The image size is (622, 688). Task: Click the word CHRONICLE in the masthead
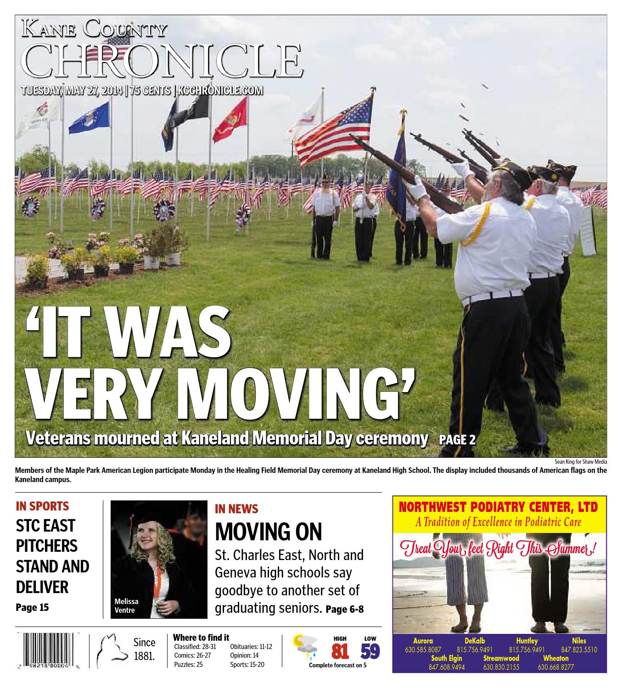[x=163, y=61]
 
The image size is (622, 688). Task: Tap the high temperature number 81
[x=340, y=652]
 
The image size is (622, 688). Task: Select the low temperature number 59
[x=370, y=652]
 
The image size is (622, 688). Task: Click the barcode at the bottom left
[x=48, y=652]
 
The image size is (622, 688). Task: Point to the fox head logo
[x=111, y=651]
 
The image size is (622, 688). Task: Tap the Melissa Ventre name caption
[x=126, y=605]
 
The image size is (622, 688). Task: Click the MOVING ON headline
[x=269, y=532]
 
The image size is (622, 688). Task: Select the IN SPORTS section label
[x=42, y=506]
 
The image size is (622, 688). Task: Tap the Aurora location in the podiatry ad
[x=423, y=641]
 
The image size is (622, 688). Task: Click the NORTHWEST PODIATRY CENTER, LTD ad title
[x=499, y=507]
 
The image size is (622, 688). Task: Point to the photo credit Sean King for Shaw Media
[x=580, y=462]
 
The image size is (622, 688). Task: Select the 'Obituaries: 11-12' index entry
[x=251, y=647]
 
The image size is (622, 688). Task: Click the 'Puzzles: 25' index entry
[x=188, y=664]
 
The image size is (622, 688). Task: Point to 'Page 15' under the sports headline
[x=32, y=608]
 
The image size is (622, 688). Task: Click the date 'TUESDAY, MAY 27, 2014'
[x=73, y=90]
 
